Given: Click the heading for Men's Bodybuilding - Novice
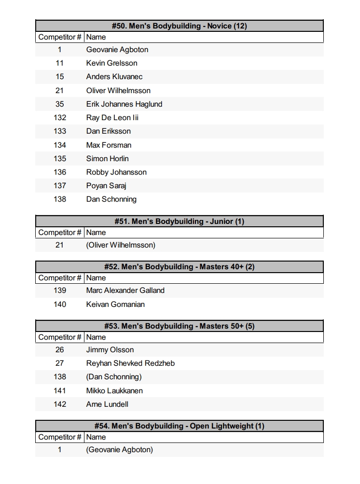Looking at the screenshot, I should click(179, 26).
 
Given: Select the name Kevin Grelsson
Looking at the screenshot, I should click(111, 63).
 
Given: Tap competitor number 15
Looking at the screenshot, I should click(59, 77).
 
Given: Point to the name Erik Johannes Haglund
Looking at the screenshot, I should click(124, 104).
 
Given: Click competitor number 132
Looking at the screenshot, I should click(59, 118).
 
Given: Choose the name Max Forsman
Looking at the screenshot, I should click(109, 145).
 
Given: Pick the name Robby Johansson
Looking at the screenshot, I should click(116, 172).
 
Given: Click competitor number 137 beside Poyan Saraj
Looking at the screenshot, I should click(59, 186).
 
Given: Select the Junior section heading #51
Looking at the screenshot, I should click(179, 221).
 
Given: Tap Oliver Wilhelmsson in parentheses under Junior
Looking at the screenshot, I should click(121, 245).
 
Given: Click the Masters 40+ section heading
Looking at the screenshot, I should click(179, 267).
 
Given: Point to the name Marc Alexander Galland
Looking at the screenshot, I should click(125, 290).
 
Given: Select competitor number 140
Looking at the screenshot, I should click(59, 304).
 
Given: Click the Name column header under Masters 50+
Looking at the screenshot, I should click(96, 337).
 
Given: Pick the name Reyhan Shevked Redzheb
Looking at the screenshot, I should click(130, 363).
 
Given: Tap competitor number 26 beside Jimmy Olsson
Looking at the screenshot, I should click(59, 350).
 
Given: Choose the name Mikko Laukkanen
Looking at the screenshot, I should click(114, 391).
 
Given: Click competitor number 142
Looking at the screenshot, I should click(59, 404).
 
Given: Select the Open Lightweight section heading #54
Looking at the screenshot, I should click(179, 426).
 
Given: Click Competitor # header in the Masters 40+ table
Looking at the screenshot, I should click(60, 278).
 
